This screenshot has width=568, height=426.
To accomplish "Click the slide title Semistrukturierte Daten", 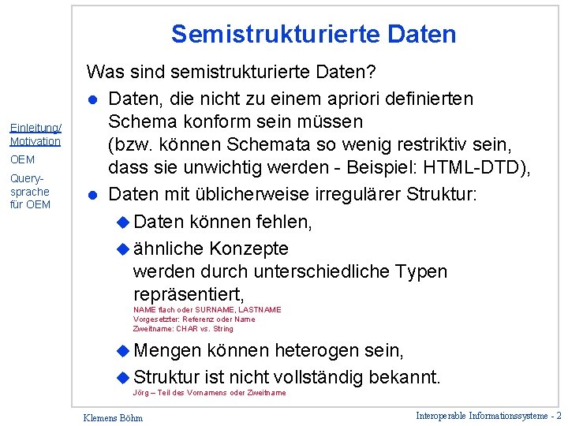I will pos(313,35).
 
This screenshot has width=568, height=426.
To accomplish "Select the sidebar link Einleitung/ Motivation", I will pos(35,135).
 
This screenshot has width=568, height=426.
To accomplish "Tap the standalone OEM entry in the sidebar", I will pos(22,159).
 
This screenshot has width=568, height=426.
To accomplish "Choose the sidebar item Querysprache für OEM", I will pos(30,192).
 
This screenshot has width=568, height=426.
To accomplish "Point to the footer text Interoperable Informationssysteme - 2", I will pos(488,415).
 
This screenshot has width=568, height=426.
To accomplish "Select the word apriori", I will pos(353,99).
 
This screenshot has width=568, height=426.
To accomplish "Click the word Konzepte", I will pos(248,248).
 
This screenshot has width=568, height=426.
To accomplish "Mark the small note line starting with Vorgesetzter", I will pos(194,319).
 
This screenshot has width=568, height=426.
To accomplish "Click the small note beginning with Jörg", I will pos(210,393).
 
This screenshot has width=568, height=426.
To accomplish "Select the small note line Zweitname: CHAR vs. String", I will pos(183,329).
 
